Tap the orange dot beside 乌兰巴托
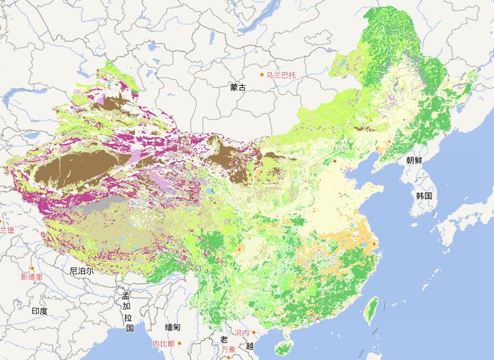pos(260,74)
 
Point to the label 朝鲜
pos(414,161)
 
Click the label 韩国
pos(424,196)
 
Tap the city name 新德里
pos(31,277)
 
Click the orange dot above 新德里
pos(31,269)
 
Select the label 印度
pos(40,311)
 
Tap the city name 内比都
pos(164,344)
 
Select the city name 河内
pos(242,333)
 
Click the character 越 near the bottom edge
pos(249,346)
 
